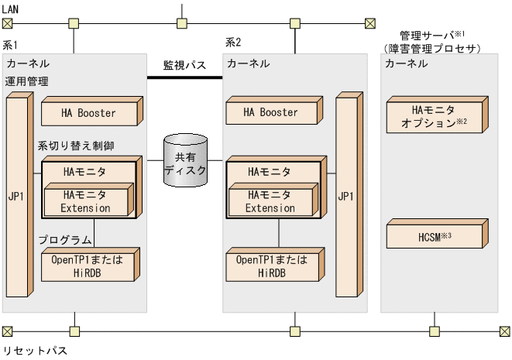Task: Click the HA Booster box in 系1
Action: [x=88, y=113]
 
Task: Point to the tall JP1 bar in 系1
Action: [x=18, y=197]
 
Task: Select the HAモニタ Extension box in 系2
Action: [x=270, y=202]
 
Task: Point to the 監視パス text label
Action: [x=184, y=65]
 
